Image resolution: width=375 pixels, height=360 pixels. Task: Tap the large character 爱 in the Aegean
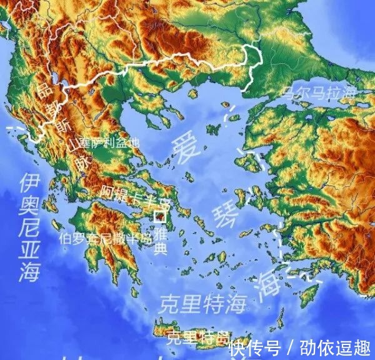click(189, 147)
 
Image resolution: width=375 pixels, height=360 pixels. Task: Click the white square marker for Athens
click(160, 217)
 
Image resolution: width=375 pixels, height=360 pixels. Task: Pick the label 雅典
click(161, 241)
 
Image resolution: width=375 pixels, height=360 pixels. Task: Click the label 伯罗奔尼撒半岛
click(106, 238)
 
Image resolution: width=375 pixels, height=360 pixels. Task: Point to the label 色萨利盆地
click(107, 142)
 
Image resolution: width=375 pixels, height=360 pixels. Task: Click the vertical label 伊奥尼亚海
click(29, 227)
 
